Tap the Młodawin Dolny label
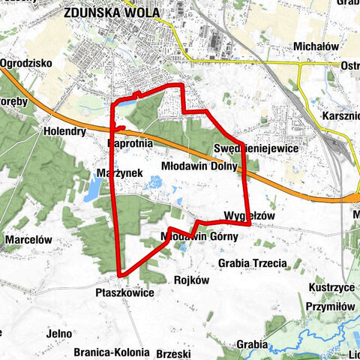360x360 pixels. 199,166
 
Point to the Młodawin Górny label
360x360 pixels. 199,236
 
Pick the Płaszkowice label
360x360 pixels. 124,292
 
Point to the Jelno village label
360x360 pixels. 57,334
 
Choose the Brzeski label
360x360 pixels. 174,352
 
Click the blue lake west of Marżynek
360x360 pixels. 91,191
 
